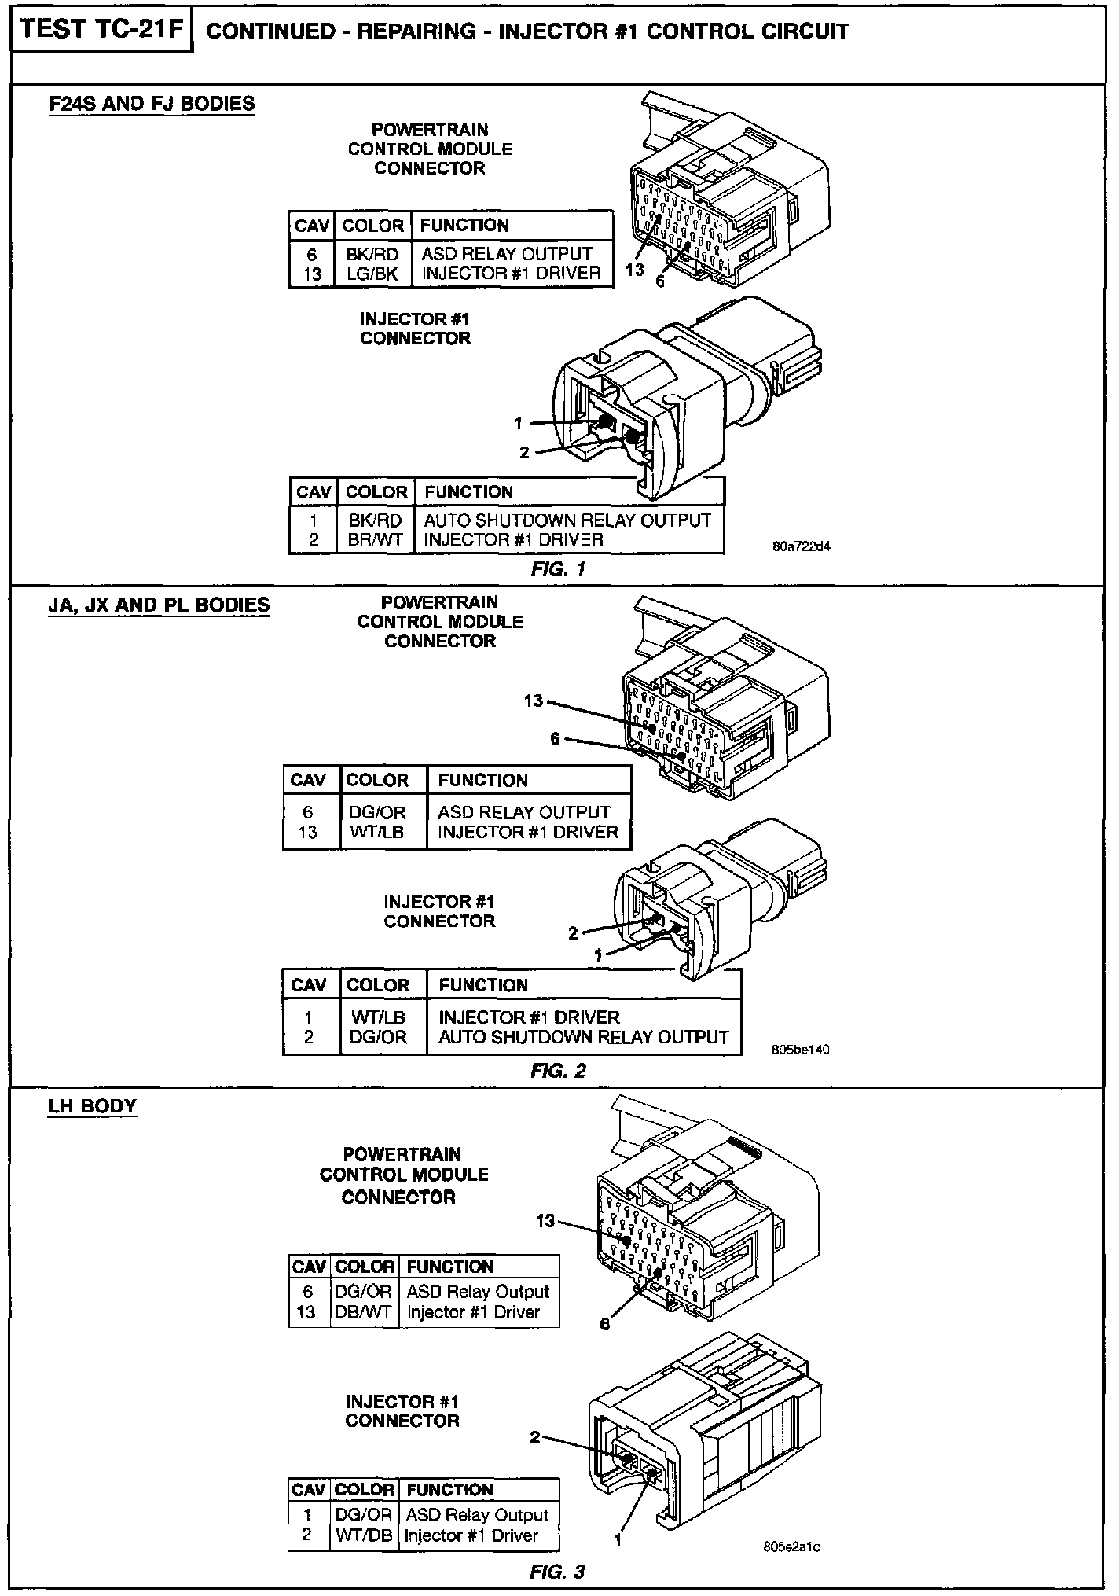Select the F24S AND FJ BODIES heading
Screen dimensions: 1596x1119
coord(152,104)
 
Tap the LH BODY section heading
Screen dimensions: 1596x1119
coord(92,1106)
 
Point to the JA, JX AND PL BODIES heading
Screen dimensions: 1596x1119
coord(159,605)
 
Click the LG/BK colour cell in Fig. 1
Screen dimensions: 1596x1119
coord(372,274)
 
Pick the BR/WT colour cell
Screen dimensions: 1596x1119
coord(376,540)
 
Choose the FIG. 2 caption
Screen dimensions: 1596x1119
coord(558,1071)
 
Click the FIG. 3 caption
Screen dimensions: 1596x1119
coord(558,1572)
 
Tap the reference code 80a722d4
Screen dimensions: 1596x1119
coord(802,547)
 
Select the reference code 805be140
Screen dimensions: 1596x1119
coord(802,1049)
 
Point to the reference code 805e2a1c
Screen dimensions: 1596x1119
coord(792,1547)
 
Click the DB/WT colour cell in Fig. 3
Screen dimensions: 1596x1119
coord(363,1312)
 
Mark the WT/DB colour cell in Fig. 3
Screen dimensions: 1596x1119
coord(364,1535)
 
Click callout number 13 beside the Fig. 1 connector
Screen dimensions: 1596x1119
coord(635,269)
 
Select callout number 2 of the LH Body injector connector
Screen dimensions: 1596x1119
coord(535,1437)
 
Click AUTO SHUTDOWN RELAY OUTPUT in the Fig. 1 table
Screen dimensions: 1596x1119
coord(567,520)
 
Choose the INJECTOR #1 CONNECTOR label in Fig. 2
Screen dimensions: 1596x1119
coord(439,911)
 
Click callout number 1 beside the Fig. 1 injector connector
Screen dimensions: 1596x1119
coord(518,424)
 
